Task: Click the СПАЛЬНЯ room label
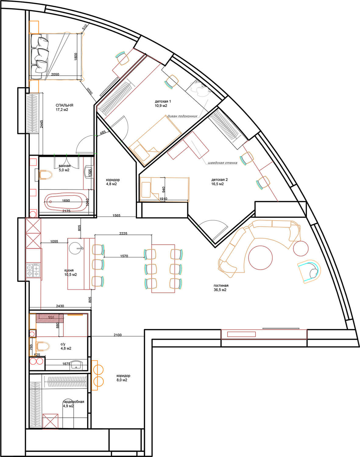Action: coord(64,105)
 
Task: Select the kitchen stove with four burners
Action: coord(33,270)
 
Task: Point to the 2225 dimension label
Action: coord(123,233)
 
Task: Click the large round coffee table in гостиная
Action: coord(260,257)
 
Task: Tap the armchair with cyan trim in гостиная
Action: coord(309,272)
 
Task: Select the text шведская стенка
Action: coord(222,163)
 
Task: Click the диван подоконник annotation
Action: coord(182,116)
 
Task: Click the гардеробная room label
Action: coord(73,402)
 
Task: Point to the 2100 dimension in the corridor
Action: coord(118,335)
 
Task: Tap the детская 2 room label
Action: coord(218,179)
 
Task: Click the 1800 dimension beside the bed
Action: coord(76,57)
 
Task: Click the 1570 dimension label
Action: coord(124,256)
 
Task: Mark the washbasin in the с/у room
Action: coord(76,365)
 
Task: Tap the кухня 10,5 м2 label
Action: coord(70,272)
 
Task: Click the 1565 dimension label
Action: coord(116,215)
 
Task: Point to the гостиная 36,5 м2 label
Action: coord(221,288)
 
